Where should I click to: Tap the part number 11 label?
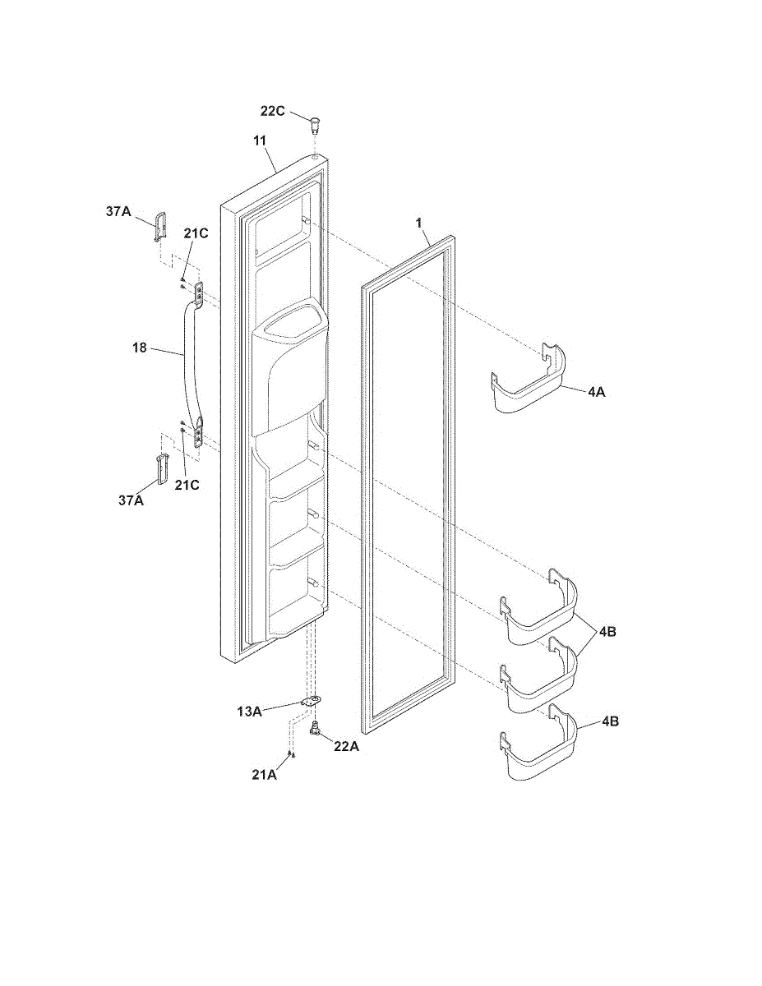[x=260, y=141]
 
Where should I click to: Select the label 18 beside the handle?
[x=139, y=348]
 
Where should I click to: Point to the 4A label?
[x=597, y=393]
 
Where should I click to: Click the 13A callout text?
[x=249, y=712]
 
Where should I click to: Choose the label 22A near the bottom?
[x=345, y=746]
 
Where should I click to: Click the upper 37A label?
[x=118, y=211]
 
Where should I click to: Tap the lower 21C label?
[x=188, y=485]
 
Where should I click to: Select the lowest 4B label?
[x=610, y=721]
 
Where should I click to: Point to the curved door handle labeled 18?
[x=191, y=362]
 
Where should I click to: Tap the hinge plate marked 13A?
[x=311, y=701]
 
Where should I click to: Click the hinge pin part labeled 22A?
[x=315, y=728]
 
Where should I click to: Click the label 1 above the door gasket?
[x=418, y=222]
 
